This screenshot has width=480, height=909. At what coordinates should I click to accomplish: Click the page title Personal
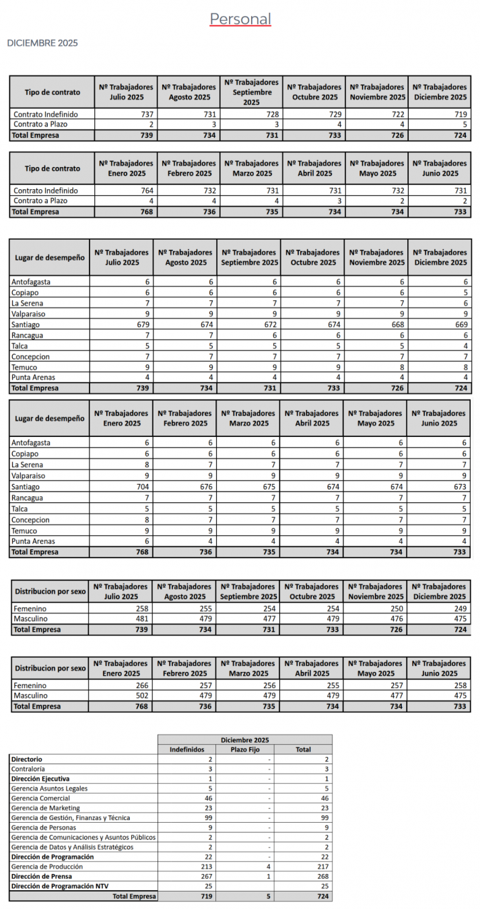[240, 19]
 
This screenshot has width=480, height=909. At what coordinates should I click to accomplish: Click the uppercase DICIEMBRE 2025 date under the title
[42, 43]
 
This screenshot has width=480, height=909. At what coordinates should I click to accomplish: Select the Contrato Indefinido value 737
[146, 114]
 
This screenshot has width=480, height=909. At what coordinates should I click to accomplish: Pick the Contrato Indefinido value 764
[146, 191]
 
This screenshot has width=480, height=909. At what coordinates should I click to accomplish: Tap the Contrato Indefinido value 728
[272, 114]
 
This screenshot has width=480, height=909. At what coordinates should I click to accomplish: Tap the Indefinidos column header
[187, 749]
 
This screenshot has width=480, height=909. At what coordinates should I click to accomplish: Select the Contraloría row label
[28, 769]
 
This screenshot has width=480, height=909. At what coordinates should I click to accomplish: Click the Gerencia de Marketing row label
[46, 808]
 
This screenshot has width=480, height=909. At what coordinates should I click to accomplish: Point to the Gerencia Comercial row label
[40, 798]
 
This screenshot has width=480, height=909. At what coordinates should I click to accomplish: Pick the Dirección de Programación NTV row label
[59, 886]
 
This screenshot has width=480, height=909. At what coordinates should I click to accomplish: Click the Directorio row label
[27, 759]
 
